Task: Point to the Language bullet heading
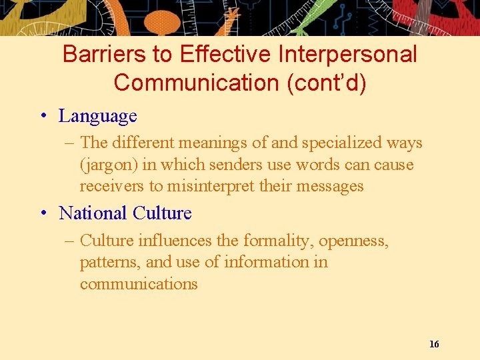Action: click(x=98, y=116)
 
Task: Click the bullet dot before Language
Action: click(x=43, y=116)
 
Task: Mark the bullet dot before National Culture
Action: click(x=43, y=213)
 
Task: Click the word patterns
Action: click(x=109, y=262)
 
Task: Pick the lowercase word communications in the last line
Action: click(x=139, y=284)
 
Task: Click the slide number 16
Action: click(x=434, y=344)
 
